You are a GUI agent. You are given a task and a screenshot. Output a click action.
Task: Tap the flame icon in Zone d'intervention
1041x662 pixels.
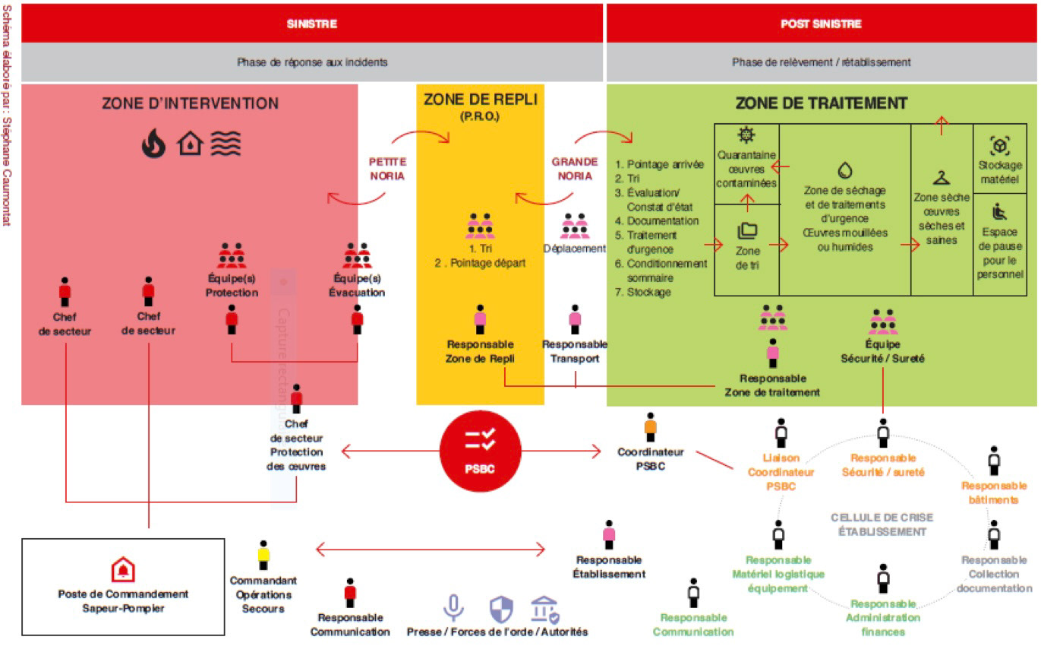coord(153,143)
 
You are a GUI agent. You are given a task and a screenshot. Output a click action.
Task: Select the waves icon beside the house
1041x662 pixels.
coord(226,143)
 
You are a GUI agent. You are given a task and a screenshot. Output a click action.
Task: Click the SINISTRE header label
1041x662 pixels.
coord(311,24)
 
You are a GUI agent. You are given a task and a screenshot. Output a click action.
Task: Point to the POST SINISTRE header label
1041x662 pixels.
coord(821,24)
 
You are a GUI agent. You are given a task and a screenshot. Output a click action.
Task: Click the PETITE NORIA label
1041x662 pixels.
coord(387,169)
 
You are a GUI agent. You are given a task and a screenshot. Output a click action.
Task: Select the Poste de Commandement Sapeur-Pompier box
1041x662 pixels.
coord(123,586)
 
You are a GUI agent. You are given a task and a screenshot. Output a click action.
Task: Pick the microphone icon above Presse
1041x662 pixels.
coord(454,608)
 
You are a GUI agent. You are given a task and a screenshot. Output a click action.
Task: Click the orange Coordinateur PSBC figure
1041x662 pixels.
coord(650,427)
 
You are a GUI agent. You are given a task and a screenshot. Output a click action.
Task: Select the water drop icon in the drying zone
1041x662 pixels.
coord(844,169)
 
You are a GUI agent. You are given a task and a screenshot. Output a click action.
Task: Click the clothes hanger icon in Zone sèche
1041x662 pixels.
coord(942,178)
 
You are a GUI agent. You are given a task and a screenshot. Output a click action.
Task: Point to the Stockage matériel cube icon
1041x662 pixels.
coord(999,145)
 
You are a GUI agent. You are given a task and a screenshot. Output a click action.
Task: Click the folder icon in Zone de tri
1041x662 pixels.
coord(747,230)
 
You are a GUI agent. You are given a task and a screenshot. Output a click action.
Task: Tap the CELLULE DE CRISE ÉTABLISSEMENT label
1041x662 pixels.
coord(882,524)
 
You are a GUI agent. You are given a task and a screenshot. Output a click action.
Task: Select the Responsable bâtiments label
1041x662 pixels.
coord(994,493)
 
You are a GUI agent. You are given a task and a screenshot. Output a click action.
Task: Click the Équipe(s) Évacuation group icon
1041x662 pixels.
coord(357,257)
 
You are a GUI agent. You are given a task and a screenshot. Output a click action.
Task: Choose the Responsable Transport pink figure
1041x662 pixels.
coord(575,319)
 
